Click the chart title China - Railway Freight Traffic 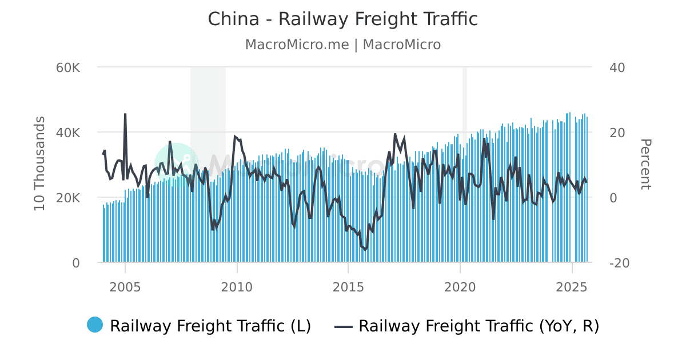(342, 19)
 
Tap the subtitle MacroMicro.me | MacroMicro (342, 45)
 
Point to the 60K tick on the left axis (68, 67)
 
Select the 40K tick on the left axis (68, 133)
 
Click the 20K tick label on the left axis (68, 198)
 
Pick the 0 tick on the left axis (75, 263)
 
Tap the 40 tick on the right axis (617, 67)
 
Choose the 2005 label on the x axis (125, 286)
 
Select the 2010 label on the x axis (237, 286)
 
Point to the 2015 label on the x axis (348, 286)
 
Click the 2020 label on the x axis (460, 286)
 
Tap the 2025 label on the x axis (572, 286)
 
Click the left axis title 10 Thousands (39, 163)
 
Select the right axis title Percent (645, 165)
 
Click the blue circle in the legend (95, 325)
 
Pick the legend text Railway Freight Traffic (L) (210, 326)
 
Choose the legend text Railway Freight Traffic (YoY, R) (478, 326)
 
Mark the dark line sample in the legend (342, 326)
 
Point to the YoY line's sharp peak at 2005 (125, 114)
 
